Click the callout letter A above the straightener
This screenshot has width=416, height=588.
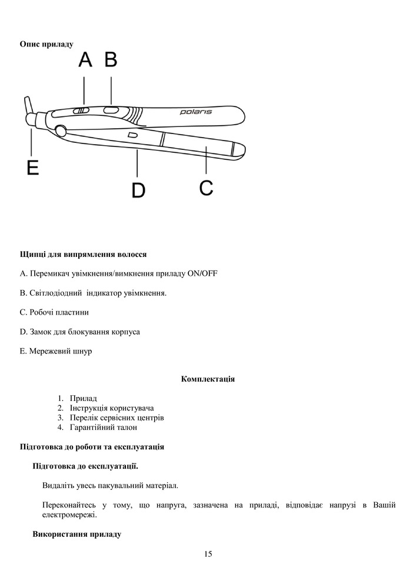(86, 60)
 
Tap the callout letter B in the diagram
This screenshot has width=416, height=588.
(111, 60)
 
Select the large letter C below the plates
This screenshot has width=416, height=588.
(206, 188)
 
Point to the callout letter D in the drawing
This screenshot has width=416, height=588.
(138, 191)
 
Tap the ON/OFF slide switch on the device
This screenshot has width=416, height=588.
(82, 110)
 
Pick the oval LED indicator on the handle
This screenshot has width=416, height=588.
(110, 109)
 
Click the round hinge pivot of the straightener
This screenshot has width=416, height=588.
(59, 129)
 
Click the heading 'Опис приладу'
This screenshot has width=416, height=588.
(47, 44)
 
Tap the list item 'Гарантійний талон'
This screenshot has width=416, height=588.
(103, 427)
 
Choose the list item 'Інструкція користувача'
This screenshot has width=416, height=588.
(115, 408)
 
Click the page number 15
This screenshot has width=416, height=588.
(208, 554)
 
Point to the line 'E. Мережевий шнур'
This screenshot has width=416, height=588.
(56, 351)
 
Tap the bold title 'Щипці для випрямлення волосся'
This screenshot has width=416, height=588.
(83, 255)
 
